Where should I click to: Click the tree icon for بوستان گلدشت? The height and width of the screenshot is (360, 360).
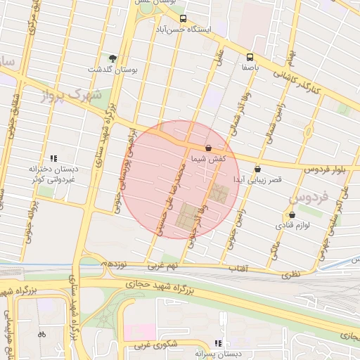113,58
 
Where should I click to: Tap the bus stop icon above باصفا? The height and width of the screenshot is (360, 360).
250,58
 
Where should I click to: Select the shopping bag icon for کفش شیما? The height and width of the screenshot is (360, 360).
208,148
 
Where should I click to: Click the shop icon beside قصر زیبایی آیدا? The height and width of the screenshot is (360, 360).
257,169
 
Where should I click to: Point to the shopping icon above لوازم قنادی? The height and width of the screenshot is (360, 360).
292,215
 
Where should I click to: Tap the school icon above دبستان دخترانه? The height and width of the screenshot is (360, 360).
53,159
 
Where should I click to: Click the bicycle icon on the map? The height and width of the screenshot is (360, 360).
41,334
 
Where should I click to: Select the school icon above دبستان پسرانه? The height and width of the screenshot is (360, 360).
217,343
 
